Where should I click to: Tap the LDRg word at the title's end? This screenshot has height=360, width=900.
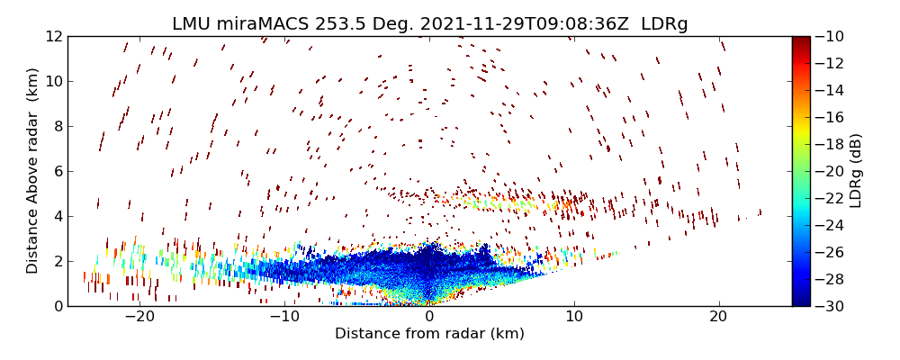coord(664,24)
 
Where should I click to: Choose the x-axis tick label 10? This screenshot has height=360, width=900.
coord(574,317)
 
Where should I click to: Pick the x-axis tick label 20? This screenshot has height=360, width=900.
coord(718,317)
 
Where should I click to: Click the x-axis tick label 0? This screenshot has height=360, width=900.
coord(429,317)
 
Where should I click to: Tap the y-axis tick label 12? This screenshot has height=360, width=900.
coord(52,37)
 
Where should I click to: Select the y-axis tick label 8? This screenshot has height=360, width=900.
coord(57,127)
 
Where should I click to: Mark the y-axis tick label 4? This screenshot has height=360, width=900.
coord(57,216)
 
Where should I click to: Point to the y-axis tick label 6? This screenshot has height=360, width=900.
coord(57,171)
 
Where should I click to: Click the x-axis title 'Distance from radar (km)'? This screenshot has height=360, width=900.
coord(429,334)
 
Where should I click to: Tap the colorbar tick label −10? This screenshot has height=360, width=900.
coord(830,37)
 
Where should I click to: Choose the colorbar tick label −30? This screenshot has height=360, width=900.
coord(830,306)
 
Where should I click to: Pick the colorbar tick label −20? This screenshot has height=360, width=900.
coord(830,171)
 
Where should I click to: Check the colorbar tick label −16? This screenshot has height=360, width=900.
coord(830,117)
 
